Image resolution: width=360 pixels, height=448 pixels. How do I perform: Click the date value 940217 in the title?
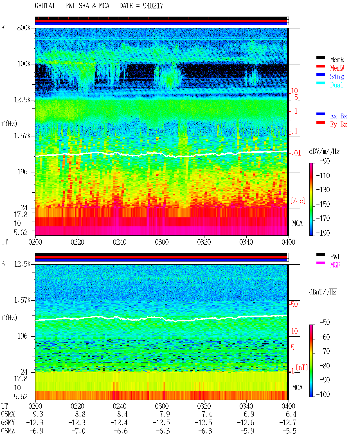(153, 6)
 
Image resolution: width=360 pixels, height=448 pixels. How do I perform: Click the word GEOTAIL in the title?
(47, 6)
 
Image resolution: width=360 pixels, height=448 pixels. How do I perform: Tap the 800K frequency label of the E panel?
(24, 28)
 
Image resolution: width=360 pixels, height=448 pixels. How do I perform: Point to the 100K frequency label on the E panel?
(24, 64)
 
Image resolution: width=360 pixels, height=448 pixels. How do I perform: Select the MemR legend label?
(337, 60)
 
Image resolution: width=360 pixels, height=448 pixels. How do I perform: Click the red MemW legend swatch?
(320, 66)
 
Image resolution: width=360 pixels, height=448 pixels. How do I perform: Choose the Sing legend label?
(337, 76)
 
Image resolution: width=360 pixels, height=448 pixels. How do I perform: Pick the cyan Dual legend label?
(336, 85)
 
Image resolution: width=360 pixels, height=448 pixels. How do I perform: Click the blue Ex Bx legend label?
(338, 116)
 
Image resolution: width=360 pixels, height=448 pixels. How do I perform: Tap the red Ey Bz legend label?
(338, 125)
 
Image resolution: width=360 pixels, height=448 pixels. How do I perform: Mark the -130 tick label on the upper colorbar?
(323, 190)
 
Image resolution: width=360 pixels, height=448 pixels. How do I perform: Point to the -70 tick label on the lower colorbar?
(325, 351)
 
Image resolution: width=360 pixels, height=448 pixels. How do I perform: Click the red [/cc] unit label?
(298, 201)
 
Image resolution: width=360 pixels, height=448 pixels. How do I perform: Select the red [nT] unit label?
(302, 367)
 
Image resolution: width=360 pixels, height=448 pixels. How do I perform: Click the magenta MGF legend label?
(335, 265)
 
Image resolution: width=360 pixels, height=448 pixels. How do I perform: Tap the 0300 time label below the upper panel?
(162, 242)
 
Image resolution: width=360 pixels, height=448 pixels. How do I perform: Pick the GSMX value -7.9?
(163, 414)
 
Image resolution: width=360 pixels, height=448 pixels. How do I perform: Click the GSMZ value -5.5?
(289, 431)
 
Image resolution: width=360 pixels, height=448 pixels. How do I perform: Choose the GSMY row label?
(8, 423)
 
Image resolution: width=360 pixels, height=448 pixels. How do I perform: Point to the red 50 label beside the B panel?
(294, 305)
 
